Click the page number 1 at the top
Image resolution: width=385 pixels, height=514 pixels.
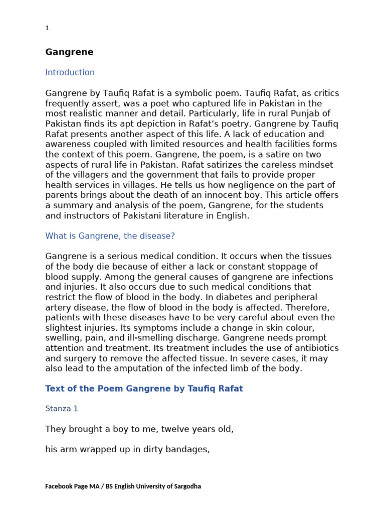(x=47, y=29)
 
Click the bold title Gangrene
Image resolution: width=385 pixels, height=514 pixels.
(x=69, y=52)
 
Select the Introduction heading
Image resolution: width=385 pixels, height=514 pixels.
(x=70, y=72)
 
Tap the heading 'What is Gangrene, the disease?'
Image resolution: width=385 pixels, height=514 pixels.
(x=110, y=236)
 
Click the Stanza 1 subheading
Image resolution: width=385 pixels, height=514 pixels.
(x=62, y=409)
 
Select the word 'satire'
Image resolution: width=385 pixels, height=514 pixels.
(x=235, y=155)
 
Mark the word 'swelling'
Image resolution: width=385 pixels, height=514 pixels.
(x=62, y=338)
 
